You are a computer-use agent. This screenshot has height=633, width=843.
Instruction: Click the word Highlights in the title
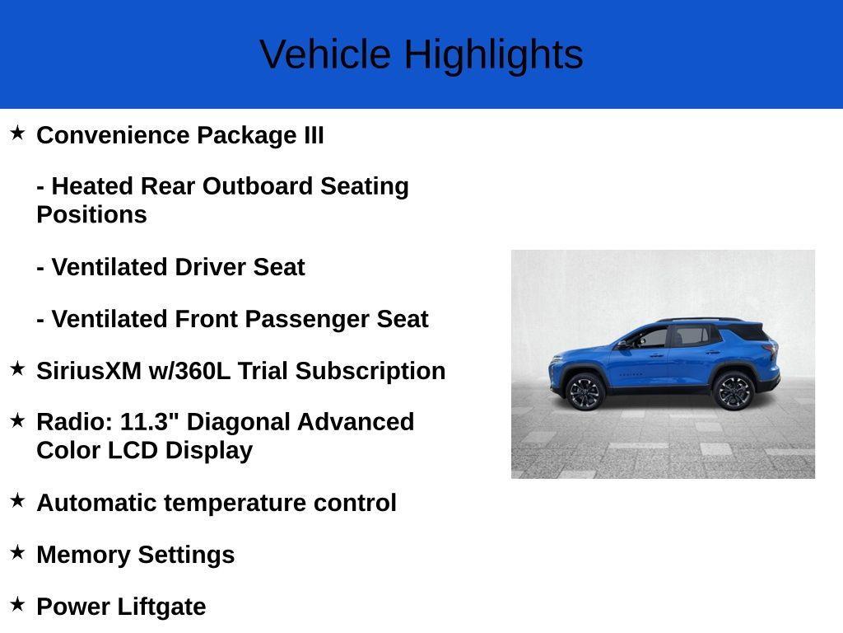(493, 55)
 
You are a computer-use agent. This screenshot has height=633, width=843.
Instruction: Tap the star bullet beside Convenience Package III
(17, 133)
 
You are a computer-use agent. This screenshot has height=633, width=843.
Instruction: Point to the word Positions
(91, 214)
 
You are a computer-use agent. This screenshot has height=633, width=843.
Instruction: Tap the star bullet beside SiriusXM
(17, 368)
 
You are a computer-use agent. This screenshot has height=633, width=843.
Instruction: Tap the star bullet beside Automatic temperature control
(17, 500)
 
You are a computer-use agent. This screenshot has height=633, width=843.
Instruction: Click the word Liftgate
(161, 607)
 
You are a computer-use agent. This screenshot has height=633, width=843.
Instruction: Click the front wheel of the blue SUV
(585, 392)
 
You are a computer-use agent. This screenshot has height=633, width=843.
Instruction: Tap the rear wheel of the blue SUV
(733, 390)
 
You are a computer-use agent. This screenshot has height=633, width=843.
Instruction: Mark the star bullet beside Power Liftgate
(17, 604)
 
